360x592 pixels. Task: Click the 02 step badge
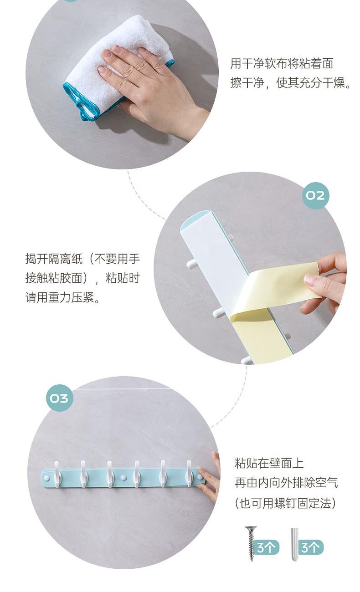click(315, 195)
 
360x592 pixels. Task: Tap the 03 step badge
click(59, 398)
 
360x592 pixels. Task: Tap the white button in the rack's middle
click(123, 477)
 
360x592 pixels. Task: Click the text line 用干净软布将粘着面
click(282, 63)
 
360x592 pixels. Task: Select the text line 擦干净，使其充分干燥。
click(290, 83)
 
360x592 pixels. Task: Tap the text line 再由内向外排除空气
click(286, 483)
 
